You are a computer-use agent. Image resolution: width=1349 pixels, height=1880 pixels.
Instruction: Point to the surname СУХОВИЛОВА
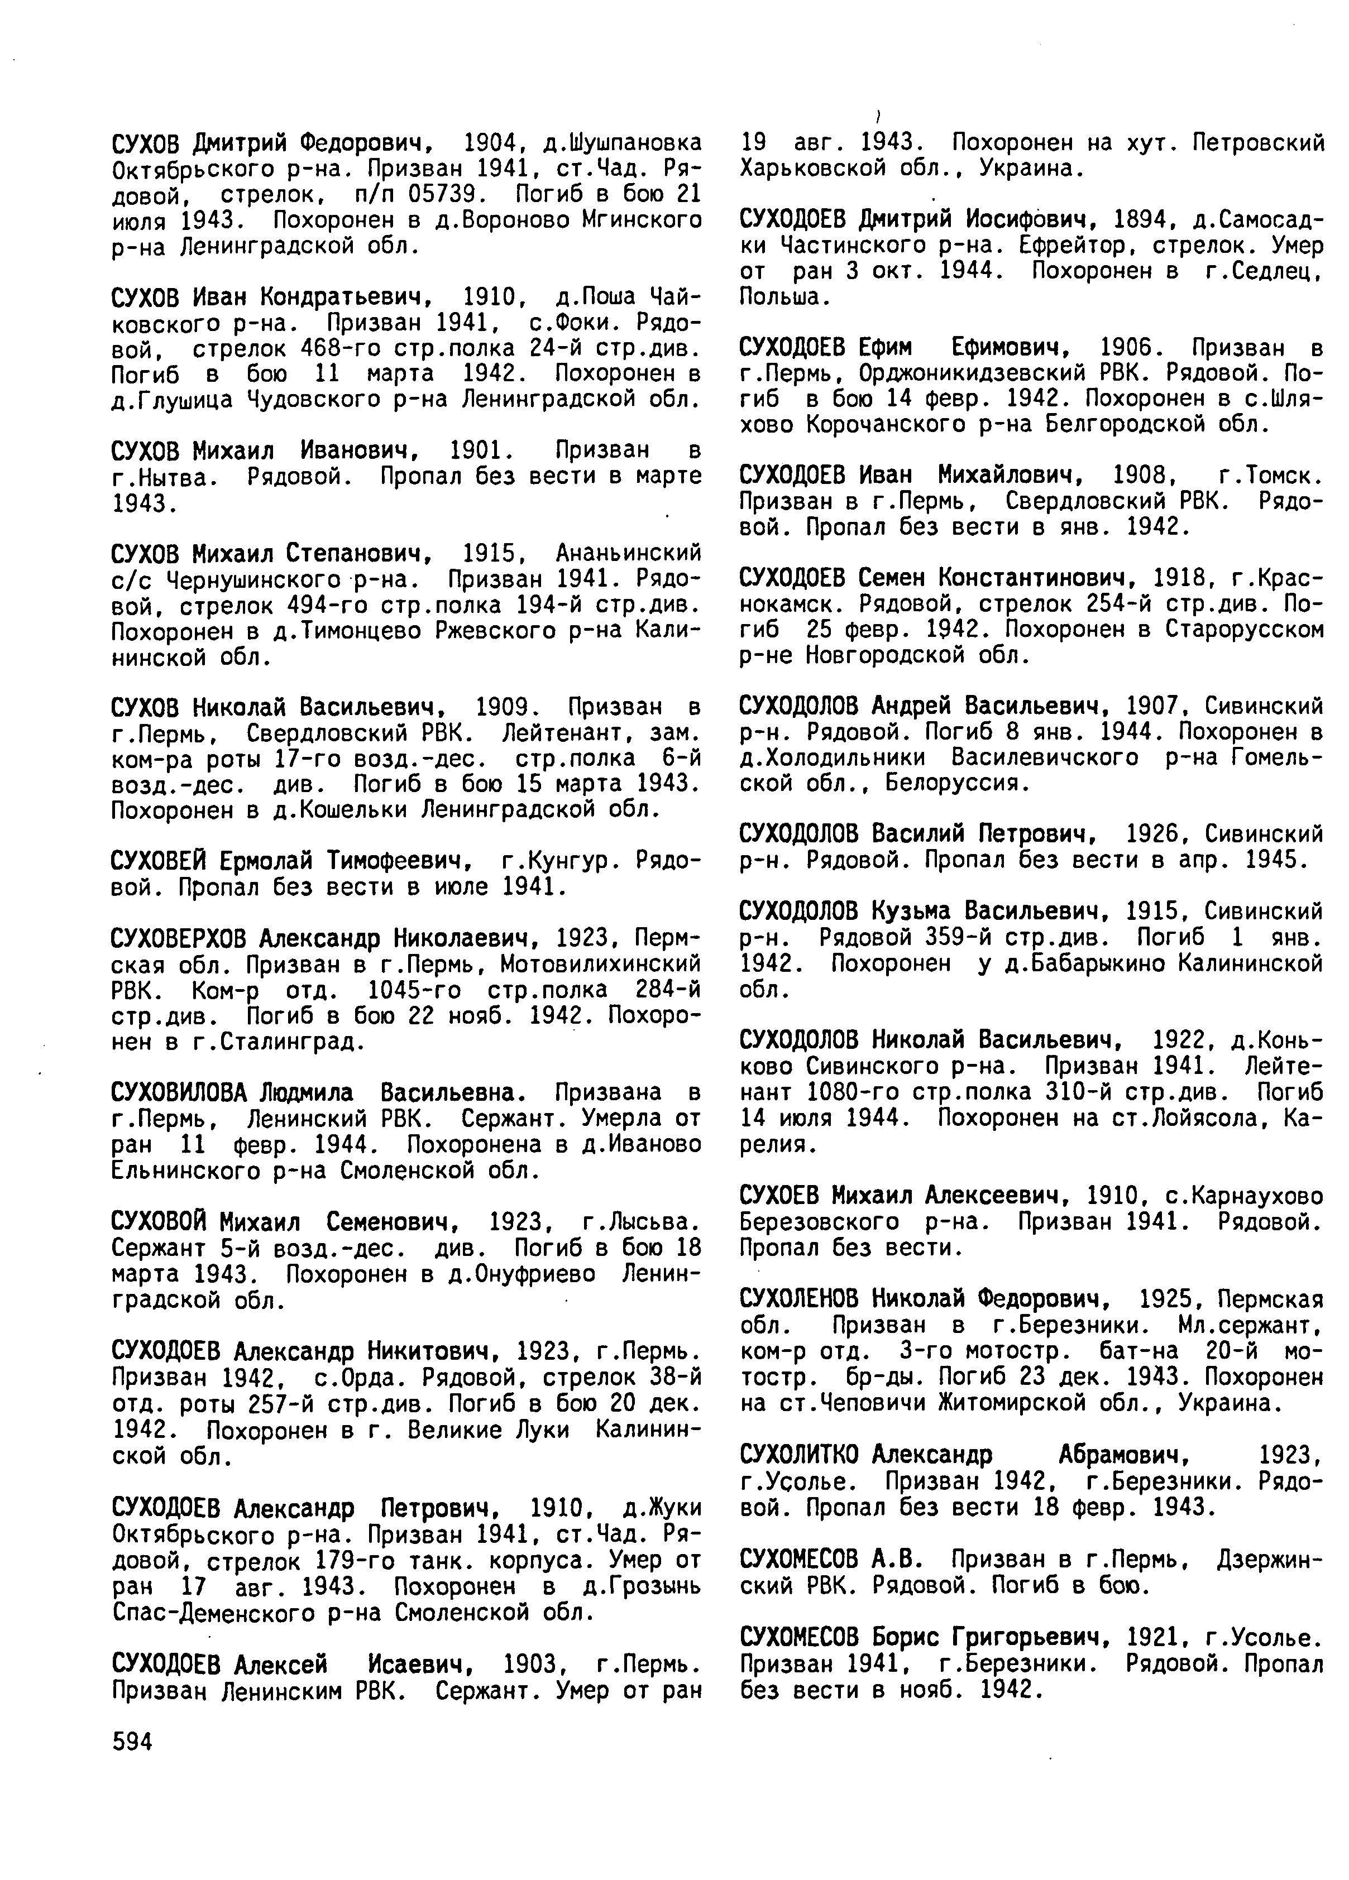coord(179,1092)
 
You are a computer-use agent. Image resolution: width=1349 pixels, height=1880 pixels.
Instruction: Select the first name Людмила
coord(306,1092)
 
